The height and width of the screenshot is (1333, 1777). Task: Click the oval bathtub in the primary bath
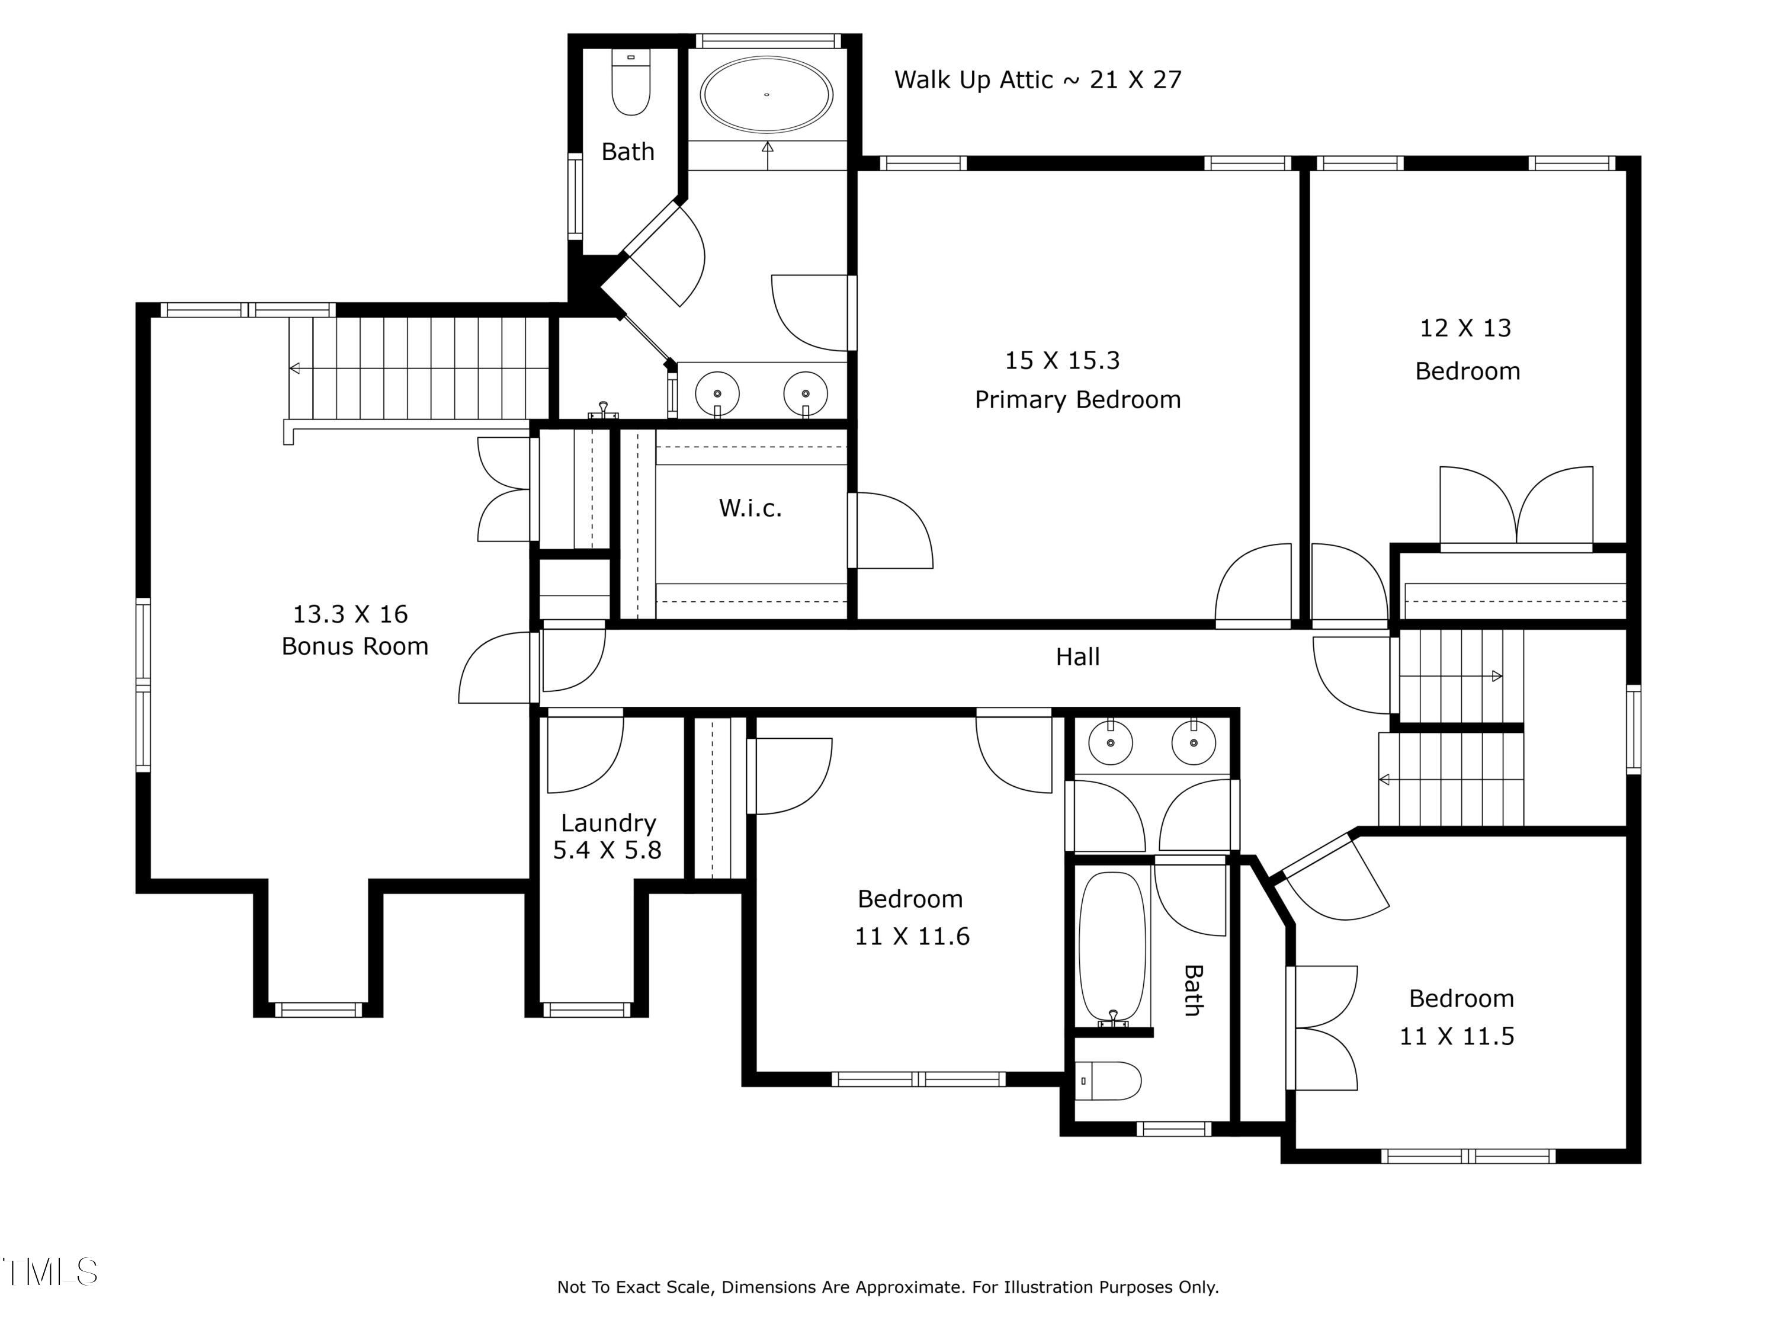[766, 95]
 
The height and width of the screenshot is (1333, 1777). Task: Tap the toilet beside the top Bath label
[631, 82]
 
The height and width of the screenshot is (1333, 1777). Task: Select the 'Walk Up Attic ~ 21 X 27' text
[1038, 79]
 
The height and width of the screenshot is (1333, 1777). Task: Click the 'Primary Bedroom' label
[1077, 399]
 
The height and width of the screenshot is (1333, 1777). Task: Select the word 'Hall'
[1077, 656]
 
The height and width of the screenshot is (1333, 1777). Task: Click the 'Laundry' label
[608, 823]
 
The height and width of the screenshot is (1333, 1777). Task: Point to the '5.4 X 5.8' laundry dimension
[607, 850]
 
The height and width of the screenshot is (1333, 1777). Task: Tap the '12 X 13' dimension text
[1465, 328]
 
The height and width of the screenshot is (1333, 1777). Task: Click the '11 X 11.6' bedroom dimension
[912, 936]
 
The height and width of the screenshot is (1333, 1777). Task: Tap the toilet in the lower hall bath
[1109, 1081]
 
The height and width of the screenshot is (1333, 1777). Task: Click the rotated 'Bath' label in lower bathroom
[1194, 990]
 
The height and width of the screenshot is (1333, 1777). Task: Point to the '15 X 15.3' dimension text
[1062, 360]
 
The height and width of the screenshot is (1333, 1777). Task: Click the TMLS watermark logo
[50, 1272]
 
